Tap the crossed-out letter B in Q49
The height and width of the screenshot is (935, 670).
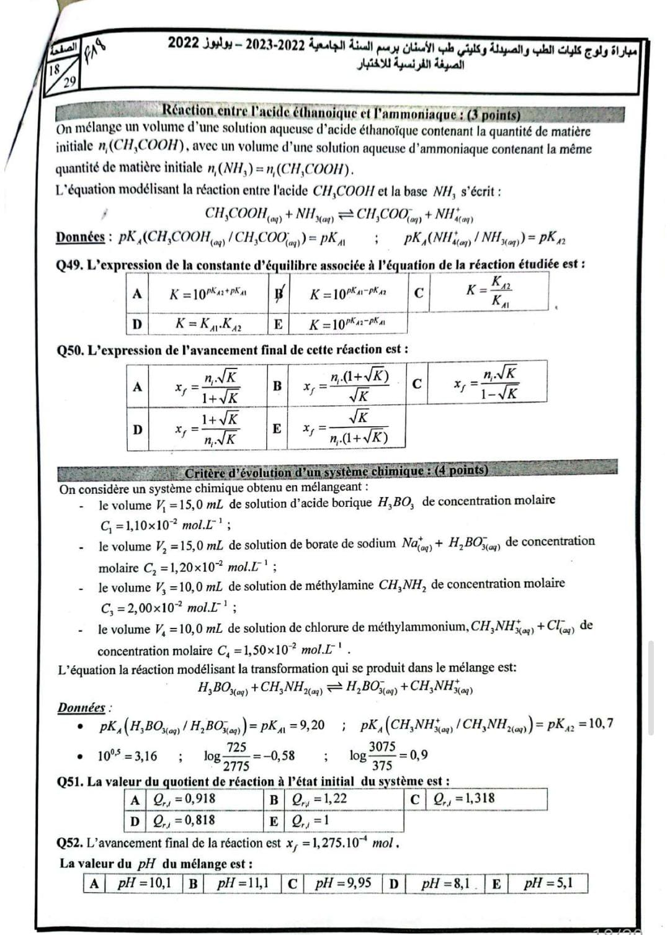(280, 292)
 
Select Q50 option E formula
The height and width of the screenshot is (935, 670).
(346, 428)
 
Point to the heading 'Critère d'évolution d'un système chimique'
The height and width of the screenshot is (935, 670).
(336, 470)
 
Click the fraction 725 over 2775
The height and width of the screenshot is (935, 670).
(236, 756)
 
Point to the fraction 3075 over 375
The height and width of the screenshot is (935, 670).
(382, 756)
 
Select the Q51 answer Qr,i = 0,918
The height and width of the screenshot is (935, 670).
(185, 799)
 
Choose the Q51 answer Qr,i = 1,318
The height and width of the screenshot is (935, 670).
(464, 799)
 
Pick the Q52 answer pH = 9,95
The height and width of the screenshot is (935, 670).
(342, 883)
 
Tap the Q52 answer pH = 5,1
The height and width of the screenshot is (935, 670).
(547, 883)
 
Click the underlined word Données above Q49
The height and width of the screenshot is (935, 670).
(80, 237)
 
